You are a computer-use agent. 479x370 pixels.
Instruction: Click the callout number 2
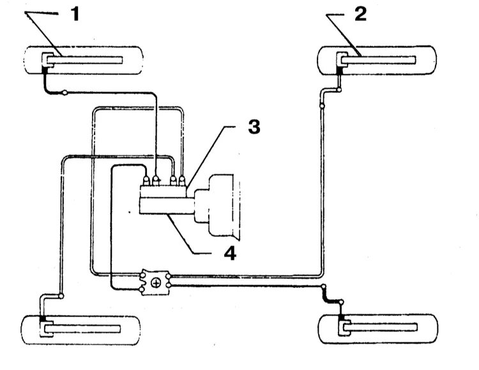361,13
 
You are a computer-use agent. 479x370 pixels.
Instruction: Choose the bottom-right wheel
378,329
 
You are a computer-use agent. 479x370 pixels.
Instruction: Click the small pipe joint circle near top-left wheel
66,94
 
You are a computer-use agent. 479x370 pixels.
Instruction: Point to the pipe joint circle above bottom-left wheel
61,295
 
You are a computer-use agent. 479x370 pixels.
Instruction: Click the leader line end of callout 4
169,217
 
